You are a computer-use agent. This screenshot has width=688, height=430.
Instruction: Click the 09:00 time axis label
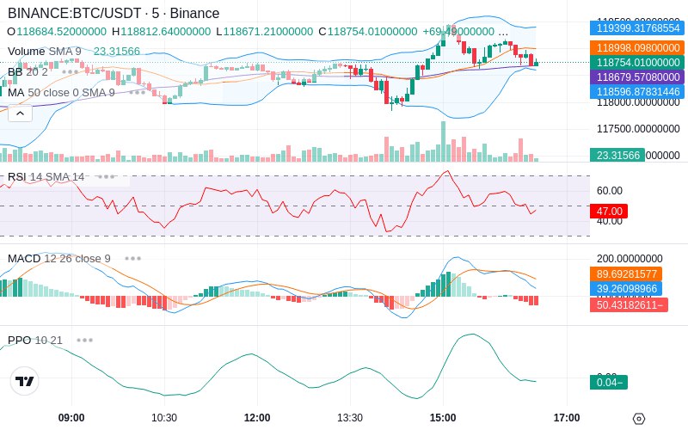(x=71, y=418)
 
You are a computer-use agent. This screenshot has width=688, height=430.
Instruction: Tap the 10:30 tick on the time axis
(x=164, y=418)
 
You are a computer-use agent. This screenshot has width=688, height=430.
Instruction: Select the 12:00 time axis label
(x=257, y=418)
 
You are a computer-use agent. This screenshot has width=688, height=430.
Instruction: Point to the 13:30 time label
(x=350, y=418)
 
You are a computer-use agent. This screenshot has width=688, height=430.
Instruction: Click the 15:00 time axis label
(x=443, y=418)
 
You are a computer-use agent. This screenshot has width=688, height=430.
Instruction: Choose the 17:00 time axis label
(x=567, y=418)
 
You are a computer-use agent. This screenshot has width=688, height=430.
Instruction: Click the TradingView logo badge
(x=25, y=381)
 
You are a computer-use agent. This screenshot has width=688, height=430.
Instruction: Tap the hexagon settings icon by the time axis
(x=638, y=419)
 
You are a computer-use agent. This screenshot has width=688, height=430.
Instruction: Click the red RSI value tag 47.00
(x=608, y=211)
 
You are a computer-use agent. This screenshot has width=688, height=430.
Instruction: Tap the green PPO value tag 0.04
(x=608, y=383)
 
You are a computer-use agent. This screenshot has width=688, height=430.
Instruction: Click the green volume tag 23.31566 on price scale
(x=617, y=156)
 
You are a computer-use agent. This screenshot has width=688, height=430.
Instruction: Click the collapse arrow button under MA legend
(x=20, y=113)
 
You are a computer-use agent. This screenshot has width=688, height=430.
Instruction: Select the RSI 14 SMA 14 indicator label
(x=46, y=177)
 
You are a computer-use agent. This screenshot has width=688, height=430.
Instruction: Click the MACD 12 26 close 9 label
(x=59, y=258)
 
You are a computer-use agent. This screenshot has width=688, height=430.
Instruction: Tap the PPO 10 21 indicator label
(x=35, y=340)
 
